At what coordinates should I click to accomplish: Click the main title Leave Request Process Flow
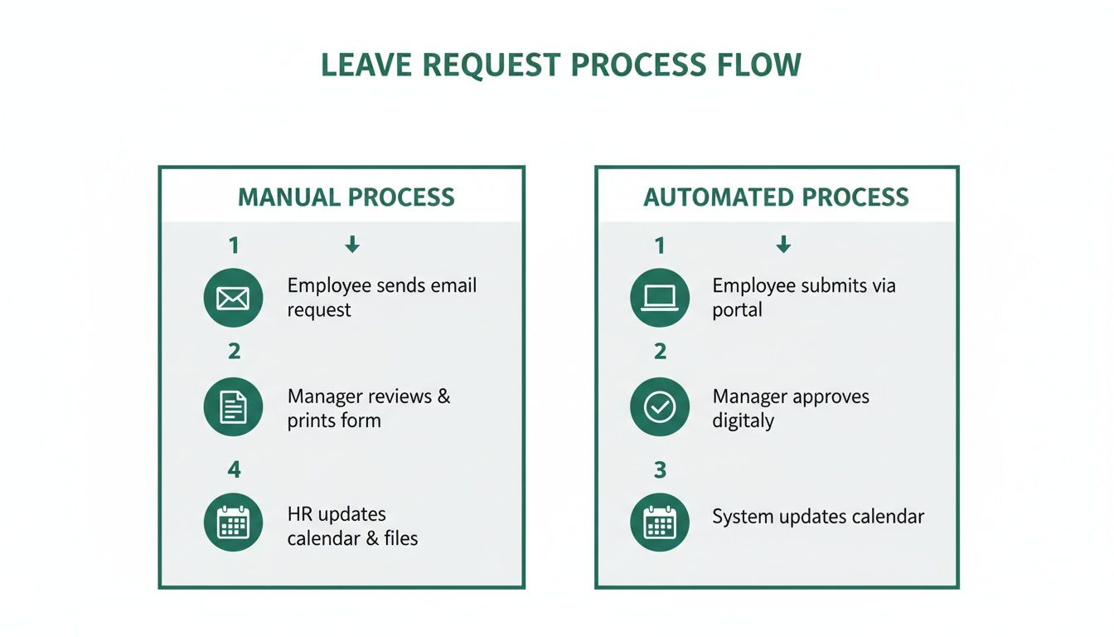[x=560, y=66]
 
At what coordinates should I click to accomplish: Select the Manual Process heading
[x=346, y=197]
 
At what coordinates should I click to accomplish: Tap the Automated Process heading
[x=776, y=197]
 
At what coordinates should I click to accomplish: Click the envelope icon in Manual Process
[x=233, y=298]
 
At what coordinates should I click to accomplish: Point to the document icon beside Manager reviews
[x=233, y=407]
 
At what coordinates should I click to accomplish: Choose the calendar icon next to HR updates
[x=233, y=523]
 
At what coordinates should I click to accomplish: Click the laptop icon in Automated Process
[x=660, y=298]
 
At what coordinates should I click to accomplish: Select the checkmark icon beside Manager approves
[x=660, y=407]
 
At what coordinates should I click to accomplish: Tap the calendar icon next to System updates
[x=660, y=523]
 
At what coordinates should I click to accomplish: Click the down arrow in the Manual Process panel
[x=352, y=244]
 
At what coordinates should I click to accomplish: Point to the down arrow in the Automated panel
[x=783, y=244]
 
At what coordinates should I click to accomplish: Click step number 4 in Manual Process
[x=234, y=470]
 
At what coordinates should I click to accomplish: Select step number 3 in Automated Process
[x=660, y=470]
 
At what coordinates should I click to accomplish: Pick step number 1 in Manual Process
[x=234, y=246]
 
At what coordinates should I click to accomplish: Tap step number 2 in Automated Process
[x=660, y=352]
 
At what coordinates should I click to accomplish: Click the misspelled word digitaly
[x=743, y=421]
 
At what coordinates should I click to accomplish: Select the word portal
[x=737, y=310]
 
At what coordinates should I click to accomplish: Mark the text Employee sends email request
[x=381, y=298]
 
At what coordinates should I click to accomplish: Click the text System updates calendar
[x=817, y=517]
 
